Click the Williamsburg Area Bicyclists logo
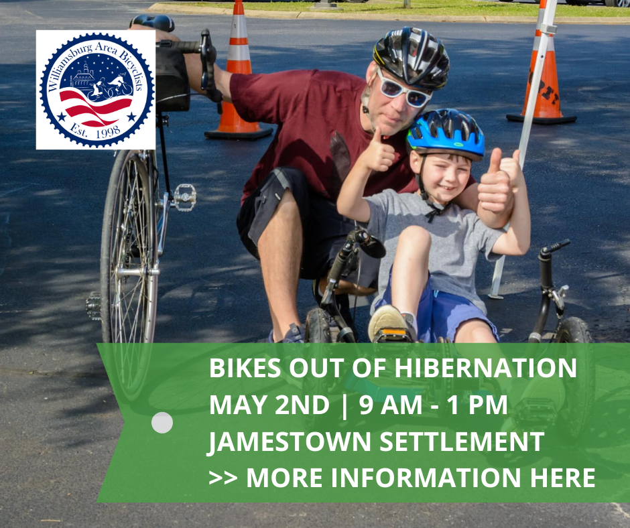pos(96,89)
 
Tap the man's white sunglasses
pos(402,90)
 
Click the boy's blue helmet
pos(446,132)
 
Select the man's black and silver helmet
pos(411,56)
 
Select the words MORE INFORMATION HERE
pos(421,478)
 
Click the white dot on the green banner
pos(162,423)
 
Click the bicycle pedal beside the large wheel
pos(184,196)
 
